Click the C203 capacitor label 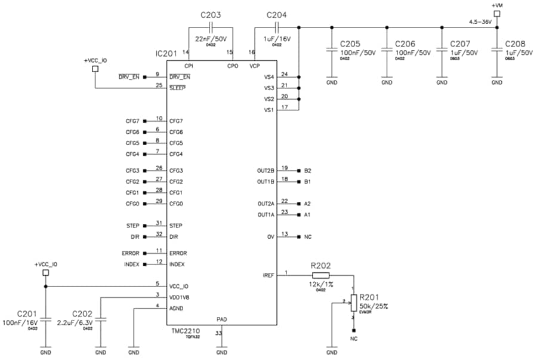click(x=211, y=15)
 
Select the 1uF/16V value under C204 click(x=277, y=39)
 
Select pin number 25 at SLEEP click(x=158, y=85)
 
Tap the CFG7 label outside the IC click(x=132, y=121)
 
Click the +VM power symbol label click(x=497, y=5)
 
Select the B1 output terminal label click(x=307, y=181)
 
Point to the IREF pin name click(x=268, y=275)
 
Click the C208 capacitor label click(x=516, y=45)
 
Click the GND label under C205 click(x=332, y=83)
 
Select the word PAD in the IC click(x=221, y=319)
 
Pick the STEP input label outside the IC click(x=132, y=226)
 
